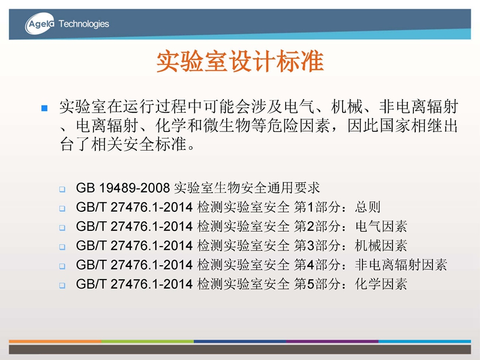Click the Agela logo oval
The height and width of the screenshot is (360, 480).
click(40, 23)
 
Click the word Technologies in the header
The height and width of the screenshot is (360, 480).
click(83, 24)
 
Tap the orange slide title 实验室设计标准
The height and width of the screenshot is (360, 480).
click(240, 61)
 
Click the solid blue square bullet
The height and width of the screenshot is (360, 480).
click(44, 108)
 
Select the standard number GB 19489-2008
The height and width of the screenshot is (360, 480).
click(123, 188)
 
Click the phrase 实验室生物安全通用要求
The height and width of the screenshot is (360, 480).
click(247, 188)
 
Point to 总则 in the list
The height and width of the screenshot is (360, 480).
click(368, 207)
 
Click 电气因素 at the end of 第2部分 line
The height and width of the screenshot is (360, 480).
click(381, 226)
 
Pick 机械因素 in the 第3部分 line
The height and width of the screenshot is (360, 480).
click(381, 245)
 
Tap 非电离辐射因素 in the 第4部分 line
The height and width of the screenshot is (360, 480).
click(401, 265)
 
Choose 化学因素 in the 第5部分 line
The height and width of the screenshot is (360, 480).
click(381, 284)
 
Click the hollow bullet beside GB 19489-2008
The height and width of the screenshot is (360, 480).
click(62, 189)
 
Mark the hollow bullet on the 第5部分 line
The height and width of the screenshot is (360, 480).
click(62, 286)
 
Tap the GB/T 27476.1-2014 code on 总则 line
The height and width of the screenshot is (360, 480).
click(134, 207)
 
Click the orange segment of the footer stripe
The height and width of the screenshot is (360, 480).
click(55, 341)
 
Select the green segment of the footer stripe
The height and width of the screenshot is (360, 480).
click(148, 341)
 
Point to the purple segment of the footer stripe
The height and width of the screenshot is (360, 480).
click(332, 341)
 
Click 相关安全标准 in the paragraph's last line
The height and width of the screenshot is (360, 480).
click(139, 145)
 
